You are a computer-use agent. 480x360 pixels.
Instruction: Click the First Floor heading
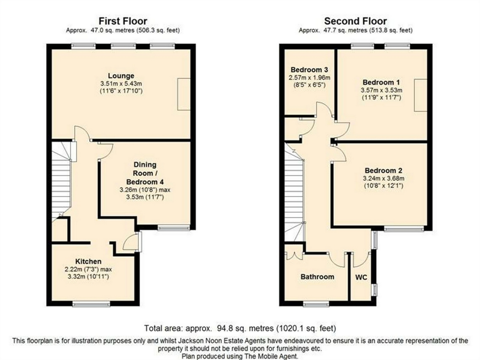pyautogui.click(x=123, y=21)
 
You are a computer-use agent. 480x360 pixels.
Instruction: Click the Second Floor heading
pyautogui.click(x=356, y=21)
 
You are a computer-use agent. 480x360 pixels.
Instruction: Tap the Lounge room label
pyautogui.click(x=121, y=76)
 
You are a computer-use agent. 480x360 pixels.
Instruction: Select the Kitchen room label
pyautogui.click(x=88, y=261)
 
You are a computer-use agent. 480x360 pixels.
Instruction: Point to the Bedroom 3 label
pyautogui.click(x=309, y=70)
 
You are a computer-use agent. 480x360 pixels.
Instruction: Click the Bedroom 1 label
pyautogui.click(x=381, y=83)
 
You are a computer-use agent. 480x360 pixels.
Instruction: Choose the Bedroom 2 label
pyautogui.click(x=383, y=170)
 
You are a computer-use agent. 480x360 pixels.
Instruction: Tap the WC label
pyautogui.click(x=361, y=277)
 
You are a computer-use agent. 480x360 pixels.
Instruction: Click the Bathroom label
pyautogui.click(x=317, y=277)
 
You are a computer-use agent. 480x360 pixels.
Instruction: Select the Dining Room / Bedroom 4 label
pyautogui.click(x=145, y=173)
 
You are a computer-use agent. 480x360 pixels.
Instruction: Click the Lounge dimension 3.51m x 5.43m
pyautogui.click(x=121, y=83)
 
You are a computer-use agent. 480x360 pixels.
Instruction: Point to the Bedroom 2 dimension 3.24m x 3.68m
pyautogui.click(x=384, y=178)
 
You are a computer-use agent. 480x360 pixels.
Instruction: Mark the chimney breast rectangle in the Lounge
pyautogui.click(x=184, y=94)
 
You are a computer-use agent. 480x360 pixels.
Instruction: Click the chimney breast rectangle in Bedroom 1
pyautogui.click(x=421, y=95)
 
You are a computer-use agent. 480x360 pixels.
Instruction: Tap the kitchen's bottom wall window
pyautogui.click(x=91, y=304)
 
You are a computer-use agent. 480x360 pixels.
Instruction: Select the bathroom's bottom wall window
pyautogui.click(x=316, y=304)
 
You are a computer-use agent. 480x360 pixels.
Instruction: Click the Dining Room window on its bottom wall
pyautogui.click(x=174, y=228)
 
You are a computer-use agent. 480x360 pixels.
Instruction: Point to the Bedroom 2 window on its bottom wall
pyautogui.click(x=404, y=229)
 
